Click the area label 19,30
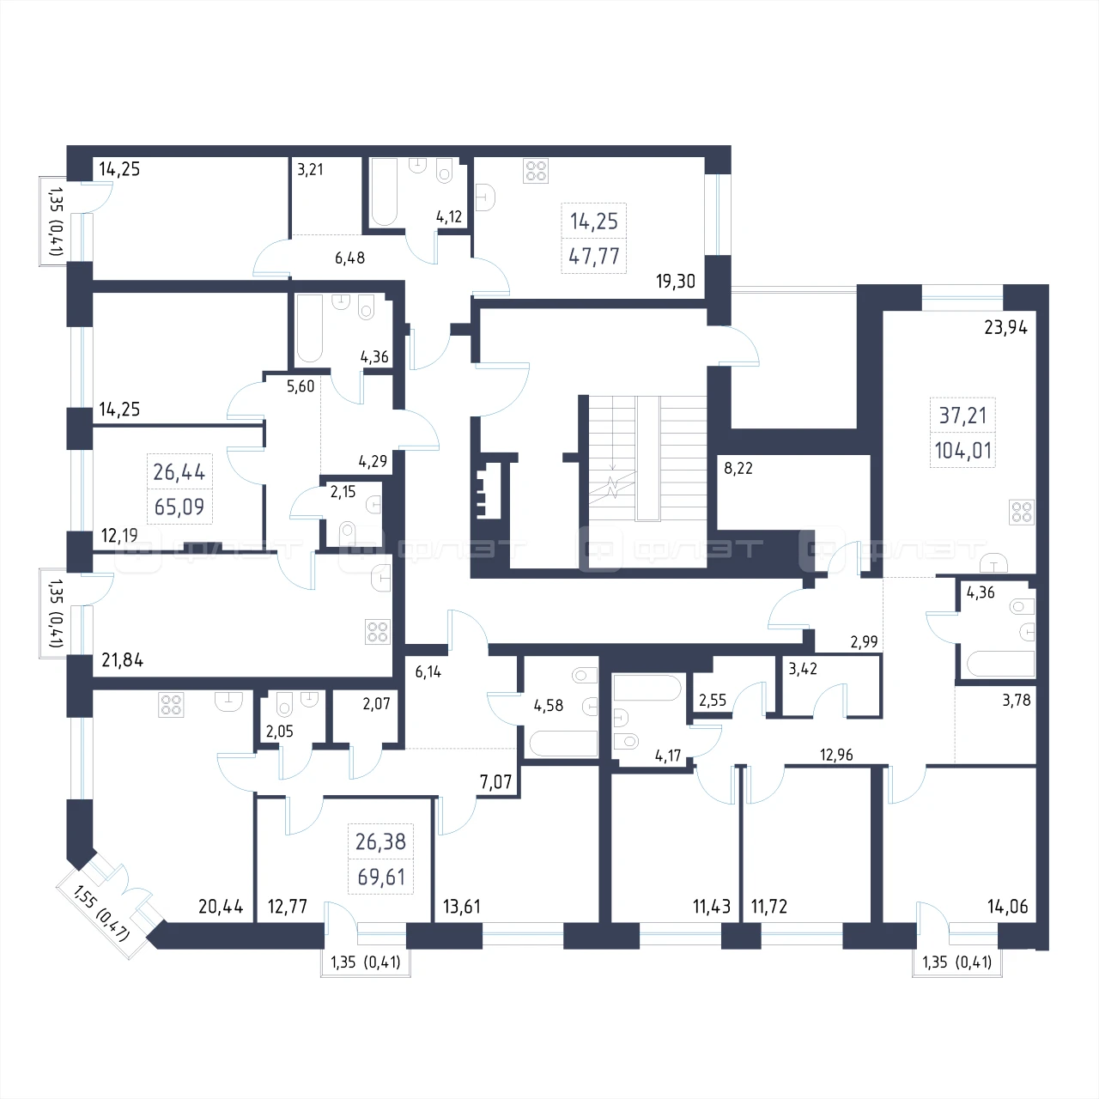pyautogui.click(x=675, y=281)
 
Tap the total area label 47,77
pyautogui.click(x=593, y=257)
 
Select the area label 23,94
pyautogui.click(x=1005, y=327)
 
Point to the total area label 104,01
pyautogui.click(x=962, y=451)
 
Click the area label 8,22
pyautogui.click(x=738, y=468)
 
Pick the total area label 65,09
pyautogui.click(x=179, y=507)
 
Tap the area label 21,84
pyautogui.click(x=122, y=660)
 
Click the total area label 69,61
pyautogui.click(x=381, y=877)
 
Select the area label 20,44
pyautogui.click(x=221, y=906)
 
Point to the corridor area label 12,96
pyautogui.click(x=836, y=755)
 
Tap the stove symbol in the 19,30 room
pyautogui.click(x=536, y=171)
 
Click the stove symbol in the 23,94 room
pyautogui.click(x=1021, y=512)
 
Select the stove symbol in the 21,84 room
pyautogui.click(x=378, y=632)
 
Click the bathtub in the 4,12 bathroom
pyautogui.click(x=384, y=191)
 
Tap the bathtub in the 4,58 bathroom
pyautogui.click(x=563, y=744)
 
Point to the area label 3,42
pyautogui.click(x=803, y=669)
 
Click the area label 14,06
pyautogui.click(x=1007, y=906)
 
